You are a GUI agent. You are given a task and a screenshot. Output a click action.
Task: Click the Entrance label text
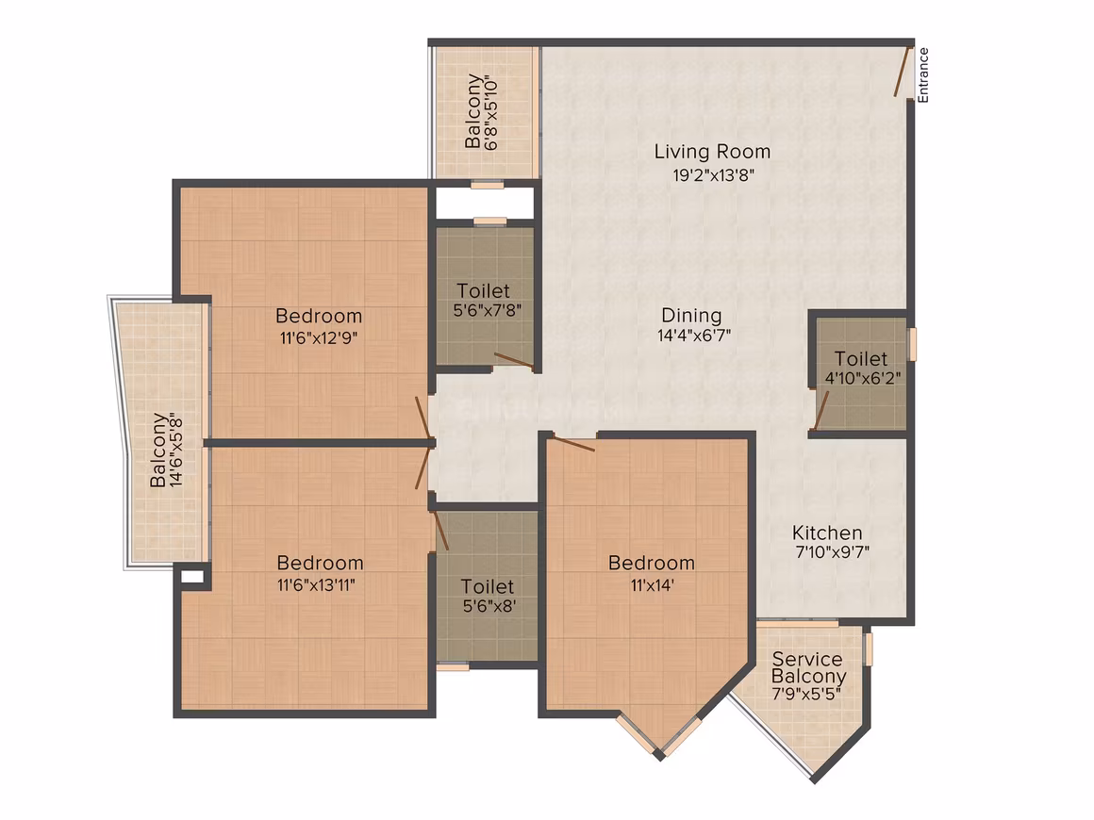(923, 75)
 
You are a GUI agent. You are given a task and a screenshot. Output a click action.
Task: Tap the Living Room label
(712, 152)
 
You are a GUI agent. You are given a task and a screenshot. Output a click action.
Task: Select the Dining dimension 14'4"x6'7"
(694, 336)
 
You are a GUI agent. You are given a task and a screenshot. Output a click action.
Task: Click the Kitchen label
(827, 533)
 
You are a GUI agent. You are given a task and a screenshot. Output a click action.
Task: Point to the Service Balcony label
(808, 667)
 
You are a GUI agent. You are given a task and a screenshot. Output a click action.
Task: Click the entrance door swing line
(903, 72)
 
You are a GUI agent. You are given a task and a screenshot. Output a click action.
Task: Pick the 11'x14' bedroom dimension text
(652, 585)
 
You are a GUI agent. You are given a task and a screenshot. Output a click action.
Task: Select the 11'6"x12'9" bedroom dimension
(319, 339)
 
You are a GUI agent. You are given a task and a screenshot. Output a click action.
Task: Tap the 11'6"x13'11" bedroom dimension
(316, 585)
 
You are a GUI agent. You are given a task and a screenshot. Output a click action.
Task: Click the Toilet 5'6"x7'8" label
(487, 301)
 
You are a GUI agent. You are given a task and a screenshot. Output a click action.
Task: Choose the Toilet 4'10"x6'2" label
(862, 369)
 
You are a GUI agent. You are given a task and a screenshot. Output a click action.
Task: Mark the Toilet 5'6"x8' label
(489, 597)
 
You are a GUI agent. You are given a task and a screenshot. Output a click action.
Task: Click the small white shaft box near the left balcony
(192, 577)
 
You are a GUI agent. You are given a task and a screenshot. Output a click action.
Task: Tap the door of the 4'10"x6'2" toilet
(821, 410)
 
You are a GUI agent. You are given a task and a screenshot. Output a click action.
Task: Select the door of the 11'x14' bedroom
(573, 444)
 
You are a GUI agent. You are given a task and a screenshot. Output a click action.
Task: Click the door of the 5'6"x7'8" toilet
(514, 360)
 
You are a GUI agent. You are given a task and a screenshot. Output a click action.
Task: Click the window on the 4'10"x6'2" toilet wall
(912, 344)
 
